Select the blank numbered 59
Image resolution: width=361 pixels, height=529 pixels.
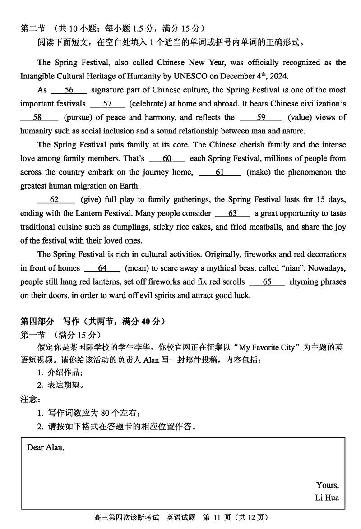coord(261,117)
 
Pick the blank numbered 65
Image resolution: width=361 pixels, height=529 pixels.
coord(267,281)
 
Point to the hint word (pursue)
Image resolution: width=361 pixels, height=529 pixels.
coord(77,117)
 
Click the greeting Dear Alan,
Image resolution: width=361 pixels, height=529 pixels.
coord(46,447)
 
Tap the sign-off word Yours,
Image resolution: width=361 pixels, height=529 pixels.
coord(327,485)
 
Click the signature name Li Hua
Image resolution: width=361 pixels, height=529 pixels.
coord(327,498)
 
